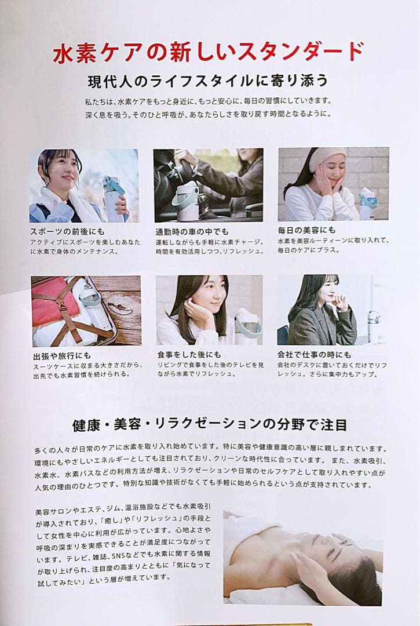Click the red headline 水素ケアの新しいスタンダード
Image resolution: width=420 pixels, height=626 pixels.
tap(208, 52)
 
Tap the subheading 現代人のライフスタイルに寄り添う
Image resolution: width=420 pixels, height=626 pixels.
tap(208, 81)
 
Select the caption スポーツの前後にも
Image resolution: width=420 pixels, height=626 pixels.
tap(67, 231)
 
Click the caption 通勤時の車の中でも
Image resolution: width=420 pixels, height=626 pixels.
tap(192, 231)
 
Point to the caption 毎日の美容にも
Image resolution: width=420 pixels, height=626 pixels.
tap(306, 230)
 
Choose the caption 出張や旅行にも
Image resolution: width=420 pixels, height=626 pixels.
tap(62, 355)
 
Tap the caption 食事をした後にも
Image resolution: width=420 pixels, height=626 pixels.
tap(189, 355)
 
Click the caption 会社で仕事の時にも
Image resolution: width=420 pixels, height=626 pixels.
tap(315, 355)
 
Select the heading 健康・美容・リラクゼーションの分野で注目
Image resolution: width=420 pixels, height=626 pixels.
tap(210, 424)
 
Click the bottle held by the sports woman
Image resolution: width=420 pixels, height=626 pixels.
tap(114, 198)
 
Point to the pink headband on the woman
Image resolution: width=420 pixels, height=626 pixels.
tap(327, 156)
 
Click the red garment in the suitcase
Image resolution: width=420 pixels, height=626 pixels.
tap(56, 302)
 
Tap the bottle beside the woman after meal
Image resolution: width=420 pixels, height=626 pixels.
tap(247, 326)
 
